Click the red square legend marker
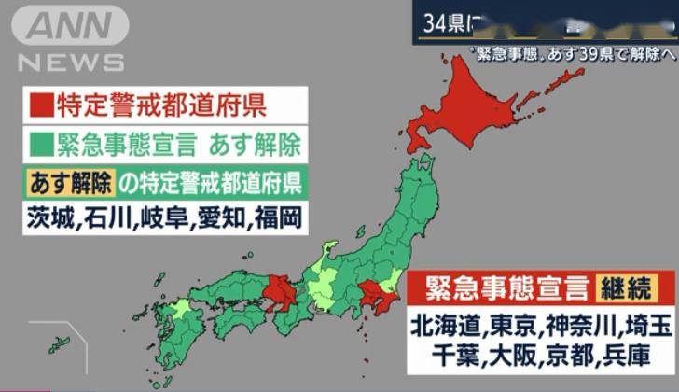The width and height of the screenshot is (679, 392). click(40, 105)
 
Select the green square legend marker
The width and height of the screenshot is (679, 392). click(40, 145)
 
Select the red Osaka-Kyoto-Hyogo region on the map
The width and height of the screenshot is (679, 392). click(279, 293)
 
